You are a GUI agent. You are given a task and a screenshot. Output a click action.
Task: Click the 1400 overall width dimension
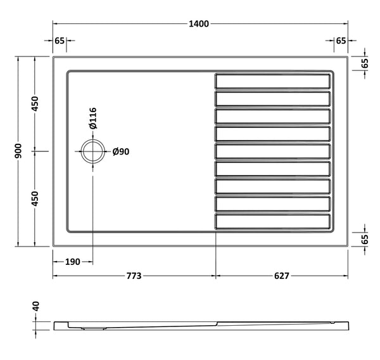point(199,23)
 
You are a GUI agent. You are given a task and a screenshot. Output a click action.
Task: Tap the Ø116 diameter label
point(92,119)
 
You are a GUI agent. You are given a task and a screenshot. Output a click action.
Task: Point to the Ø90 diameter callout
point(120,151)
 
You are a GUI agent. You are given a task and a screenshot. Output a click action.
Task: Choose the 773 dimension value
point(134,276)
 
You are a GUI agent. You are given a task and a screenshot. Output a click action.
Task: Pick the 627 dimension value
point(282,276)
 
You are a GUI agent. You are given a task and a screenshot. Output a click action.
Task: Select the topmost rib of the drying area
point(273,81)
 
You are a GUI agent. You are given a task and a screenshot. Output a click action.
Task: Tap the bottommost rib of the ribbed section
point(273,221)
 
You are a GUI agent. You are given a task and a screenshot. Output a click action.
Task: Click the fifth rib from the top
point(273,151)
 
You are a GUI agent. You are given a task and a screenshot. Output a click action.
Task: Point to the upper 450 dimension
point(36,103)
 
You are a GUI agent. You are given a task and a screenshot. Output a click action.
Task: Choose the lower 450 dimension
point(36,198)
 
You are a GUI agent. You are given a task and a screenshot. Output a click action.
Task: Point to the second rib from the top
point(273,99)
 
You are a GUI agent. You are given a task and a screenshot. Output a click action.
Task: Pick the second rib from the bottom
point(273,203)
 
